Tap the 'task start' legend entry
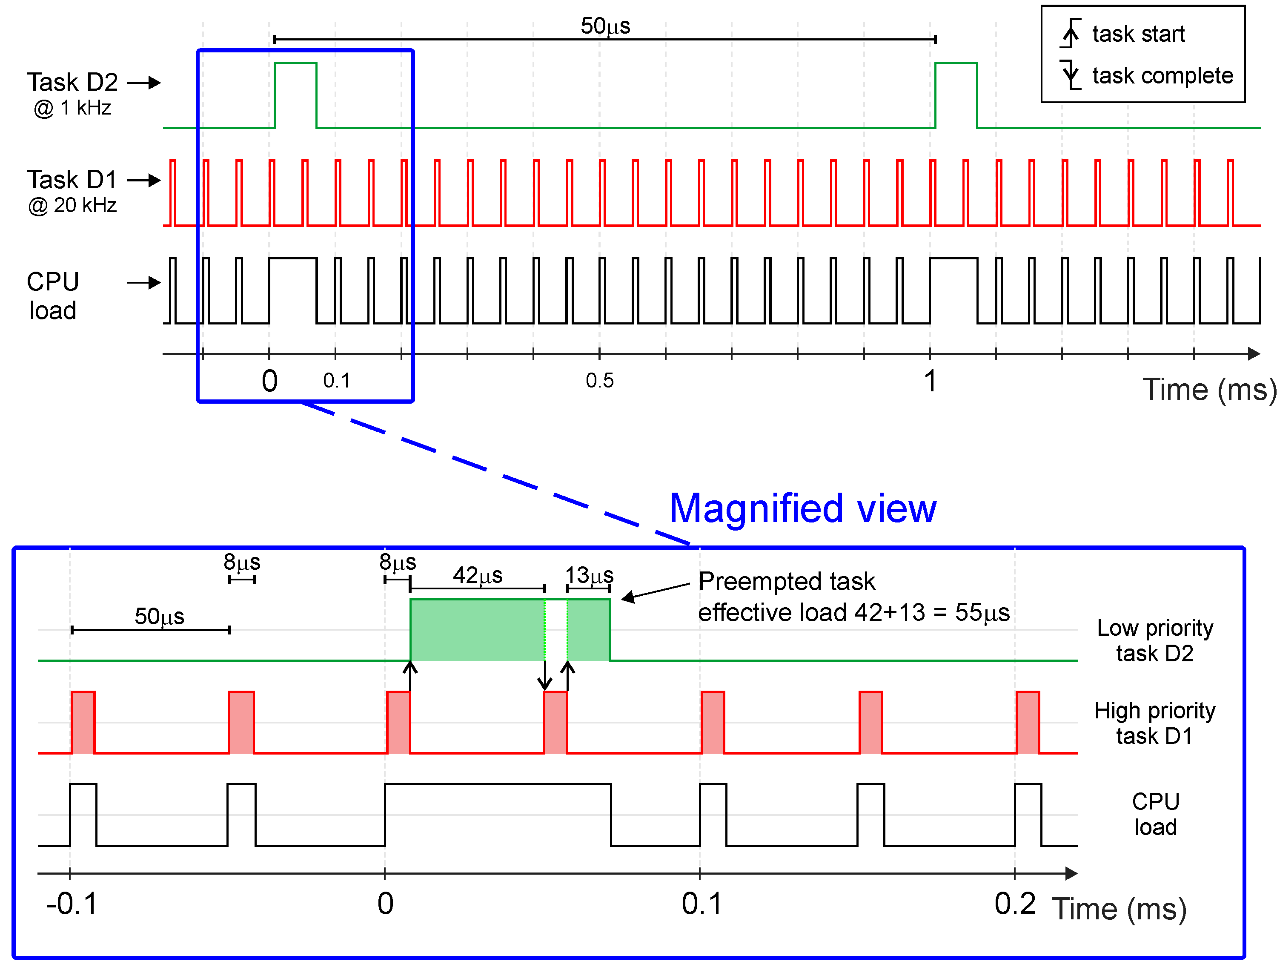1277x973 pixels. [x=1137, y=34]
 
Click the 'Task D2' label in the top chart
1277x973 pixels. [x=72, y=82]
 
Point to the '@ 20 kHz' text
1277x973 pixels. [x=72, y=205]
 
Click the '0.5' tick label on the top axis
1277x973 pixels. [x=599, y=381]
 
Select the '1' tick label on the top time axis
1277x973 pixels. [x=929, y=381]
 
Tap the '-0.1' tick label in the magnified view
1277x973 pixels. [x=72, y=904]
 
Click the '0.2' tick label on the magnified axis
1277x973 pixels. [x=1014, y=904]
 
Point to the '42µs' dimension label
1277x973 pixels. [x=477, y=575]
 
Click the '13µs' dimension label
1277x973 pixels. [x=589, y=575]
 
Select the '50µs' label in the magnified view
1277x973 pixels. [x=159, y=616]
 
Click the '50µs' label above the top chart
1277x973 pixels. [x=605, y=26]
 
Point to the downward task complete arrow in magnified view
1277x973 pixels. [x=544, y=675]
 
